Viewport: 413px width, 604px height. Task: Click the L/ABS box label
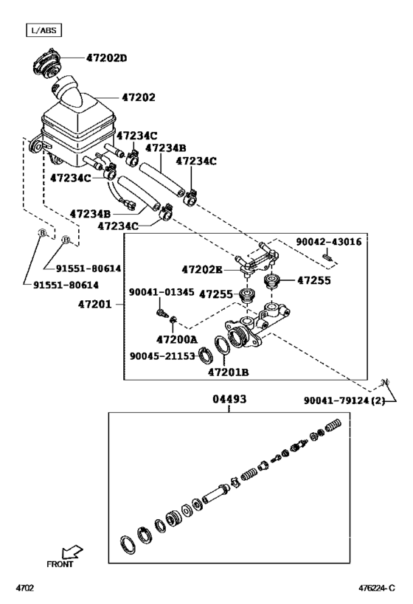click(44, 30)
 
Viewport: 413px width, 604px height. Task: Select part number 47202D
click(106, 58)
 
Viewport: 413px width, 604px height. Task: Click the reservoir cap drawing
click(46, 65)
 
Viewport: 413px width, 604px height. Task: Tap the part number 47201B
click(228, 372)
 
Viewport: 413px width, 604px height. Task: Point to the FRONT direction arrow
click(72, 552)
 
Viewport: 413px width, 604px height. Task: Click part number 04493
click(229, 399)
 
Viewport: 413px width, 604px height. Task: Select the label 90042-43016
click(329, 242)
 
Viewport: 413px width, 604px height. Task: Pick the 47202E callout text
click(202, 270)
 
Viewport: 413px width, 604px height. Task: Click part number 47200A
click(176, 339)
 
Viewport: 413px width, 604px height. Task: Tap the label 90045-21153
click(162, 356)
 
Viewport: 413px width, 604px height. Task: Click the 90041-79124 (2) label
click(344, 400)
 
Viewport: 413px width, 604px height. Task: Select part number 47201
click(95, 305)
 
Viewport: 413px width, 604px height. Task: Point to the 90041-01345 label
click(162, 292)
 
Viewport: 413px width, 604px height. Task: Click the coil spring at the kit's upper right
click(334, 426)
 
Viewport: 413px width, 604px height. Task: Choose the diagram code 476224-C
click(377, 589)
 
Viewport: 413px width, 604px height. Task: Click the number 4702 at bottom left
click(24, 589)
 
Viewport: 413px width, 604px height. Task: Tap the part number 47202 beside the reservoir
click(139, 97)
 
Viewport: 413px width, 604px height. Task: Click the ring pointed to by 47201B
click(222, 346)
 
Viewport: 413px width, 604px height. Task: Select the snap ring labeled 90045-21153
click(205, 355)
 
